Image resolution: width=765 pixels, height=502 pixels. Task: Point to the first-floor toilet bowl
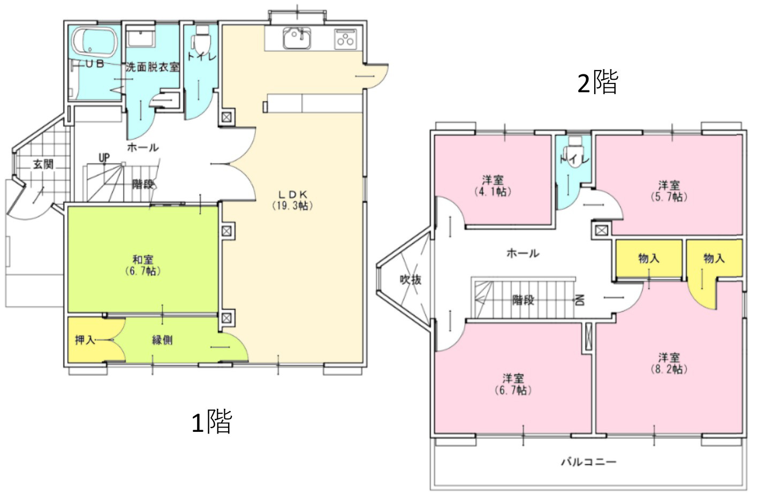click(201, 40)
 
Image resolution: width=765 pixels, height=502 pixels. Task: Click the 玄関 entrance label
click(43, 164)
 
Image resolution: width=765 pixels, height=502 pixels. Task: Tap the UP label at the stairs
click(104, 158)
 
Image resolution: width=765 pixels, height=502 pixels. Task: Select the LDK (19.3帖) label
click(292, 200)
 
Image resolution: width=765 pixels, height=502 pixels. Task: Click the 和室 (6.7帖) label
click(142, 265)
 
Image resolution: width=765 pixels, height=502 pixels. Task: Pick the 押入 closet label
click(85, 340)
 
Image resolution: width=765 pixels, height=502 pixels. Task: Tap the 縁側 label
click(162, 340)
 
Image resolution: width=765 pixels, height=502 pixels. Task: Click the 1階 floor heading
click(211, 422)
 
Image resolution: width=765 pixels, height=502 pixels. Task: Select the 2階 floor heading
click(597, 83)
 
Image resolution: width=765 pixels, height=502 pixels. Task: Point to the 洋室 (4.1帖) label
click(493, 186)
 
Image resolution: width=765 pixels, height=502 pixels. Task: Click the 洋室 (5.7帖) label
click(669, 191)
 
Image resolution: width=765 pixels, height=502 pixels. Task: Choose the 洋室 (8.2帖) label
click(669, 363)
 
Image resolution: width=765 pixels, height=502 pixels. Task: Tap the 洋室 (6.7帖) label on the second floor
click(513, 384)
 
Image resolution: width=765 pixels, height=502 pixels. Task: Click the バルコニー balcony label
click(588, 461)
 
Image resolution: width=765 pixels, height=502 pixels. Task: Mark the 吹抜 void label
click(411, 279)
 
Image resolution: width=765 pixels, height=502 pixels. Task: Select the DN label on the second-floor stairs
click(579, 300)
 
